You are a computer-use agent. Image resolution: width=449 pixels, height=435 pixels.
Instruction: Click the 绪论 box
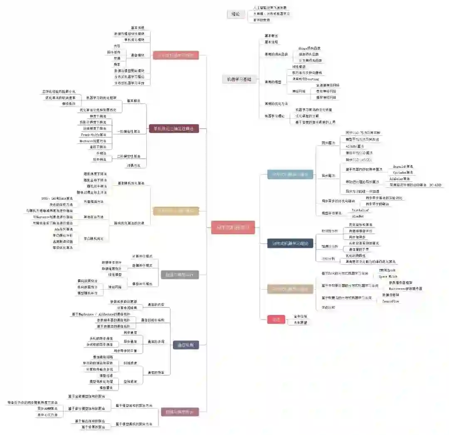236,14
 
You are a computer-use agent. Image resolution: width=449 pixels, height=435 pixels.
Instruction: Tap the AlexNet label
358,216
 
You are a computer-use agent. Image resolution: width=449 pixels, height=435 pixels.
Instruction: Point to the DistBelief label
360,210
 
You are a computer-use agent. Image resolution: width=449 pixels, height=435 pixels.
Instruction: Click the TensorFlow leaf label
391,301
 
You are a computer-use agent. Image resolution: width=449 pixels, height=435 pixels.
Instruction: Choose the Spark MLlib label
387,276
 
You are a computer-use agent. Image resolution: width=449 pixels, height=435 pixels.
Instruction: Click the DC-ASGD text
435,185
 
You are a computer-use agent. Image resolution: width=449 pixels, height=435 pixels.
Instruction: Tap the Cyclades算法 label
403,172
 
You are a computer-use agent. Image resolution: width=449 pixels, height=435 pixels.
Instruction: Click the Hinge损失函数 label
310,49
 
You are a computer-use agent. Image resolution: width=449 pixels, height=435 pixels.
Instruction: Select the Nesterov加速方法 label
93,141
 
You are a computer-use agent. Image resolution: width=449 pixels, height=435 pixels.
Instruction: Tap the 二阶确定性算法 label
129,156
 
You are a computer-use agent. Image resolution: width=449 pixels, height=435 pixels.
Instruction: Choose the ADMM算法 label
355,146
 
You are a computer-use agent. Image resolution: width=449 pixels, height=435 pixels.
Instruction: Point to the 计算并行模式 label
142,256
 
